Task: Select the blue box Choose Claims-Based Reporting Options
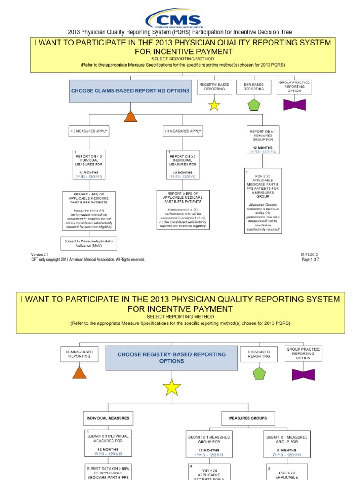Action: coord(130,90)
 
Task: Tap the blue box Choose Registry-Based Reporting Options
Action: coord(171,358)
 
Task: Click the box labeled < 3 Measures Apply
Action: coord(89,131)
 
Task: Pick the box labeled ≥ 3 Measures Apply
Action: coord(183,131)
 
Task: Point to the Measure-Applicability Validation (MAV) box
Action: coord(89,243)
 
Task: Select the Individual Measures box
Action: coord(107,418)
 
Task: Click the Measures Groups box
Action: coord(247,418)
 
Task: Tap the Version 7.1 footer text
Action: coord(39,255)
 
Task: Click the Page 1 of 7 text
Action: coord(310,260)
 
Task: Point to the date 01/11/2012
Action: coord(309,255)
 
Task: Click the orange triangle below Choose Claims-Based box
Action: coord(130,115)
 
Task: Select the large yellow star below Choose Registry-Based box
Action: coord(172,387)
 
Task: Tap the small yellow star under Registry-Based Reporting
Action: coord(214,105)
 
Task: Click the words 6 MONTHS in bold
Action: coord(287,450)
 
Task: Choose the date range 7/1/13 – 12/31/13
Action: coord(287,455)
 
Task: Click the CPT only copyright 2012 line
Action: coord(88,260)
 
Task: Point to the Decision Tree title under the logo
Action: coord(180,32)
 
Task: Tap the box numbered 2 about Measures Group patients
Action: coord(263,201)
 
